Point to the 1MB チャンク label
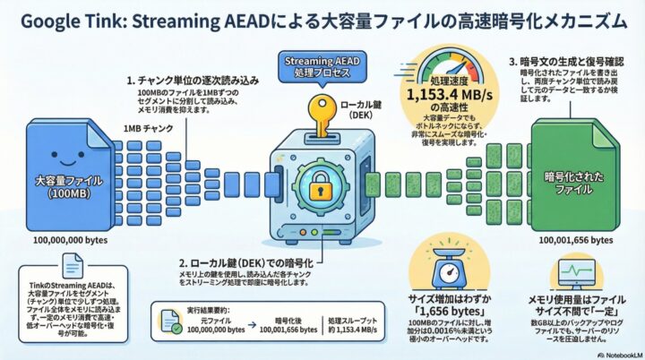tap(149, 129)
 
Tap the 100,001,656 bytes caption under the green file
tap(576, 240)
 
